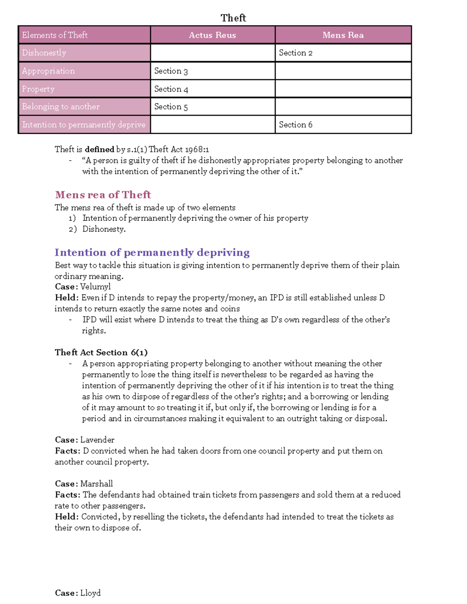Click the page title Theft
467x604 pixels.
point(233,18)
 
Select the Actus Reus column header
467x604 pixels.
point(212,35)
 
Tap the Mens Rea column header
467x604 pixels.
point(343,35)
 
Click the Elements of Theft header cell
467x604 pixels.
point(55,35)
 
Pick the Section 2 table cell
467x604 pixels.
point(295,53)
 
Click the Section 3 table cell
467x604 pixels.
point(171,71)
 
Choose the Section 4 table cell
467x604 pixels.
point(171,89)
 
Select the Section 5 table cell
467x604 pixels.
point(171,107)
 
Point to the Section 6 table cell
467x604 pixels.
point(295,125)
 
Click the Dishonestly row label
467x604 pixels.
point(44,53)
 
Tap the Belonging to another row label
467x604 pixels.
point(61,107)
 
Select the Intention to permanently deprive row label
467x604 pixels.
point(84,125)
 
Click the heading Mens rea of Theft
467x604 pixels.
point(103,194)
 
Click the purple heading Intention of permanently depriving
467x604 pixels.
point(152,252)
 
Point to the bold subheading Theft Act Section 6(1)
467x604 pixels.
point(101,352)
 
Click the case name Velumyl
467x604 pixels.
point(95,287)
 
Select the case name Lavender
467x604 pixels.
point(97,440)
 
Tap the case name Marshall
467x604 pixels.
point(97,484)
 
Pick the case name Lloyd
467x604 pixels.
point(90,593)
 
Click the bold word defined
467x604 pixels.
point(99,149)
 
